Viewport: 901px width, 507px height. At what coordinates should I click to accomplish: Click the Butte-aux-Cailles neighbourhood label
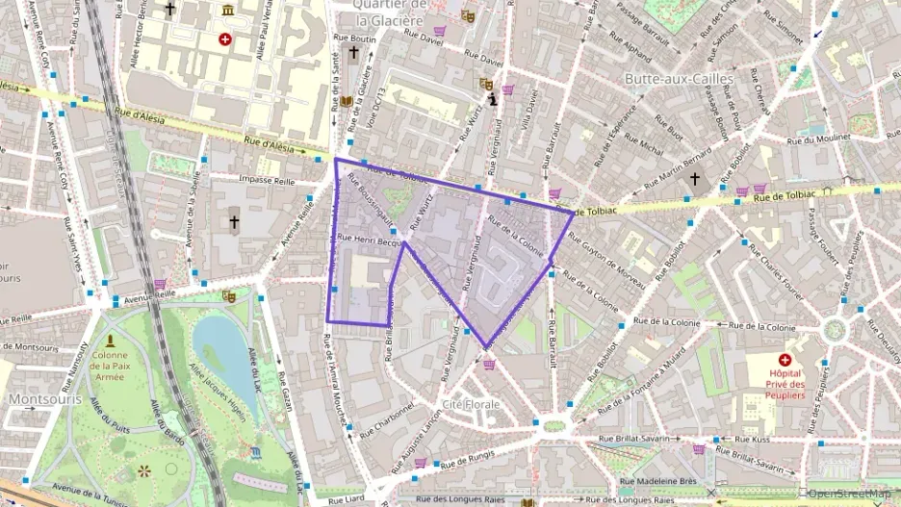(679, 78)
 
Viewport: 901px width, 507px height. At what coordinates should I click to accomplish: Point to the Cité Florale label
(471, 404)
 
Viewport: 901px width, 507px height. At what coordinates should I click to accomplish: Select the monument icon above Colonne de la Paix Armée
(110, 341)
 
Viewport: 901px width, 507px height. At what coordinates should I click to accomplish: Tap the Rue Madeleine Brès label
(658, 481)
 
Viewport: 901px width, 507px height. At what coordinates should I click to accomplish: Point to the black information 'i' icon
(492, 98)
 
